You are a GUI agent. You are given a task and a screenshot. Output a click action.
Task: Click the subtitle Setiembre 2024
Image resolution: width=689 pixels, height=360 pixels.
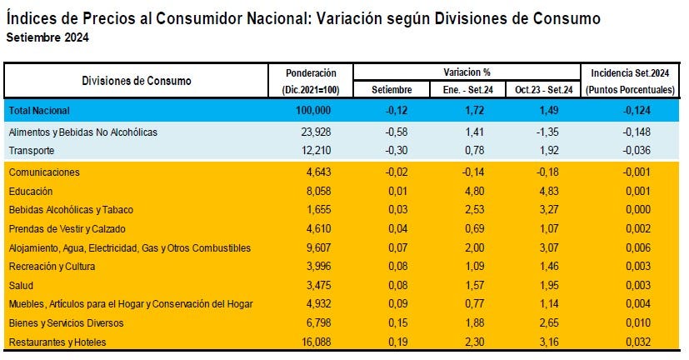(47, 37)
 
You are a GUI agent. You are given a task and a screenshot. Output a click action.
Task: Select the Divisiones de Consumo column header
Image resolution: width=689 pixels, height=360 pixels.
(137, 81)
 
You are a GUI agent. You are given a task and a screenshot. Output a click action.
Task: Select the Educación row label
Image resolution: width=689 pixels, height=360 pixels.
(32, 191)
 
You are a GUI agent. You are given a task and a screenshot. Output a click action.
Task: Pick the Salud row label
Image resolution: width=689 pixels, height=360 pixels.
(22, 285)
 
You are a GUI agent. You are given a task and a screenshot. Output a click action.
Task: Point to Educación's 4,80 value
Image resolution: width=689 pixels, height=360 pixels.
(473, 191)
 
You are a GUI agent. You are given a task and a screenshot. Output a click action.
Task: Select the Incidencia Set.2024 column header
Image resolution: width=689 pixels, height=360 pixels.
(631, 72)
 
